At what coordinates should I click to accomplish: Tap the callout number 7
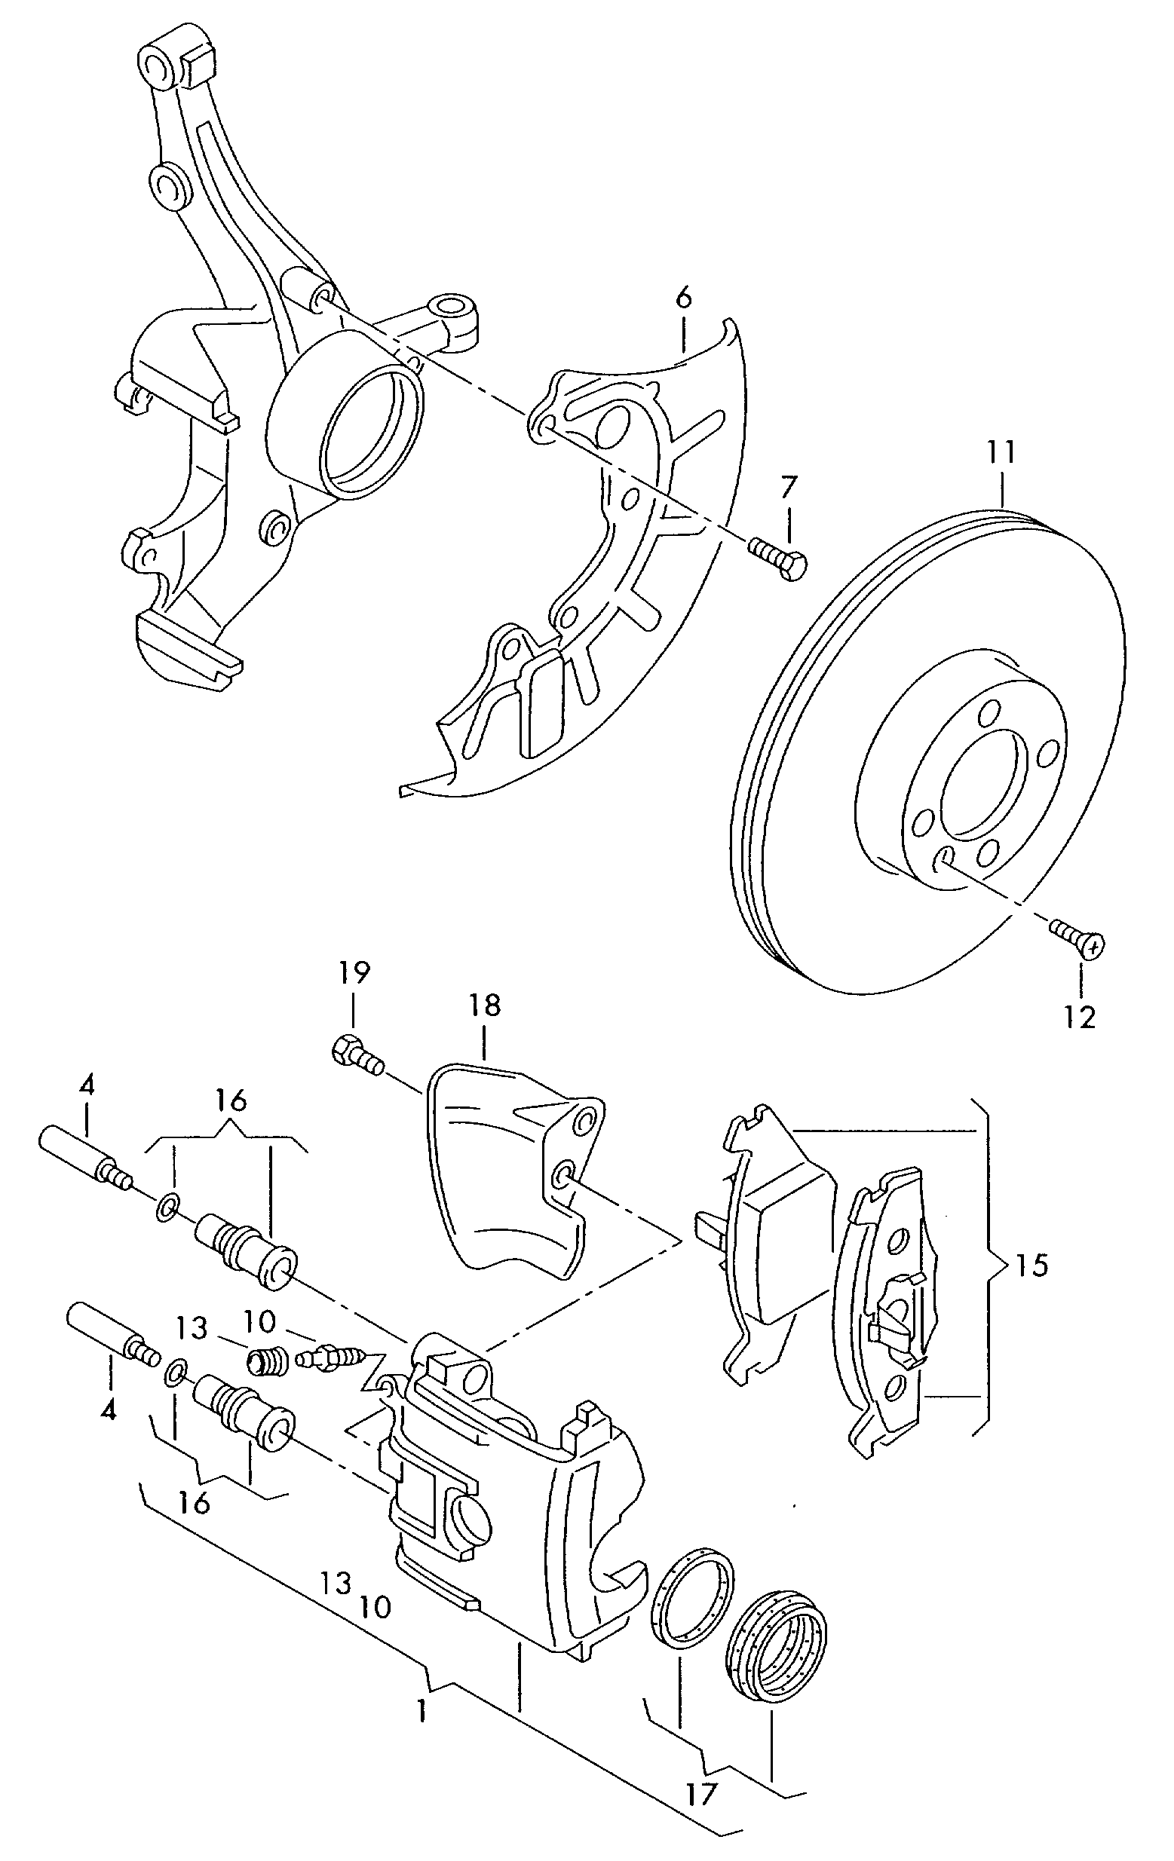(x=786, y=488)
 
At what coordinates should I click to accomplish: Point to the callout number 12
(x=1080, y=1017)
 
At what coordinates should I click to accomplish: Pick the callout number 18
(x=484, y=1005)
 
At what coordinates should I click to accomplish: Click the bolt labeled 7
(x=777, y=559)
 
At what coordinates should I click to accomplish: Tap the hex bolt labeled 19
(x=358, y=1056)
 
